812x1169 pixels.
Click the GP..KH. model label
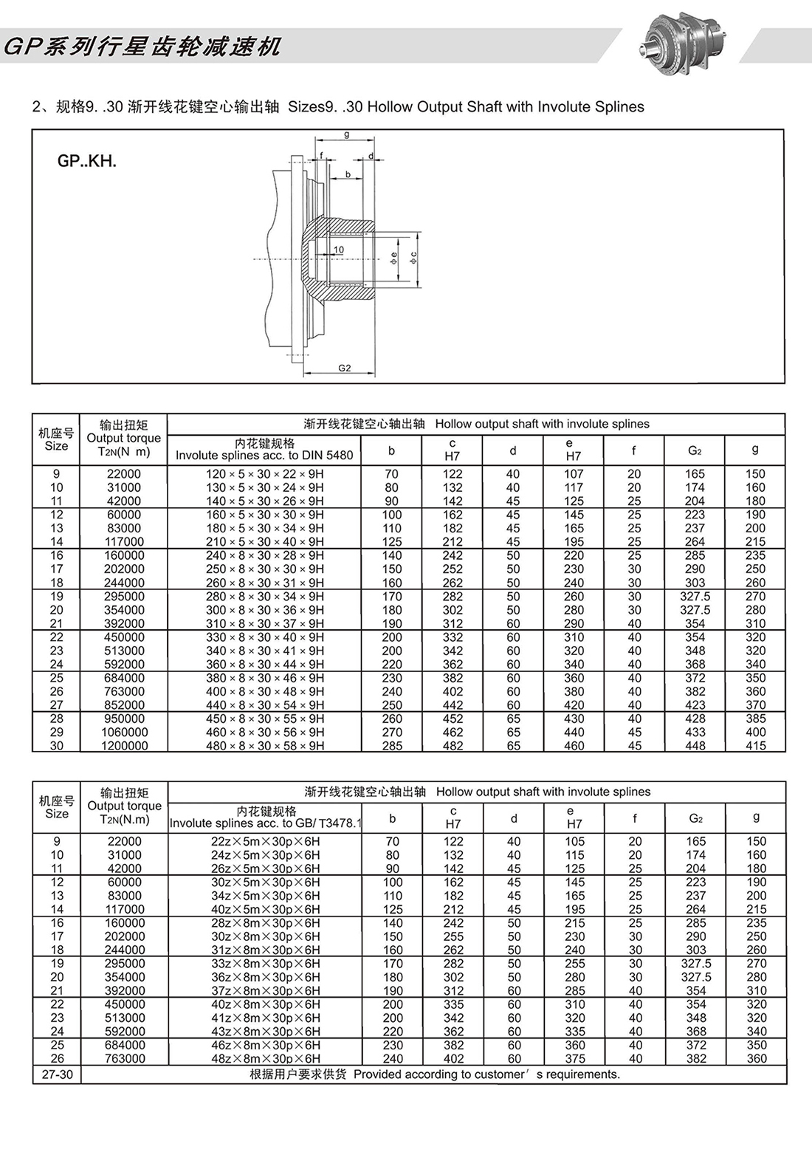87,162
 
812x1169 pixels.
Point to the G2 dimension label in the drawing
345,368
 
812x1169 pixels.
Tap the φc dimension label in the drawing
413,257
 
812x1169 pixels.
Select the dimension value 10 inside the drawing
339,250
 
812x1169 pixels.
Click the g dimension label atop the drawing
346,134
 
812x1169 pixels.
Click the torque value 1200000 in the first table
124,746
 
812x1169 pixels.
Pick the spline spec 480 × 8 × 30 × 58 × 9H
265,746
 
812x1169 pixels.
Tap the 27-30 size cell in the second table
58,1074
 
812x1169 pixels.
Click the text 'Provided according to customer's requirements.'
487,1074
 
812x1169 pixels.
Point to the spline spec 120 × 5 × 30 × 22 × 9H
265,474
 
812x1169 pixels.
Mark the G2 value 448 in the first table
695,746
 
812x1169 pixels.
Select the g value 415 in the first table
756,746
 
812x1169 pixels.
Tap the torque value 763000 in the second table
125,1058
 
